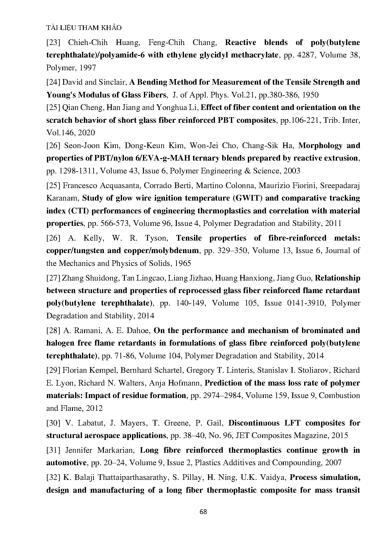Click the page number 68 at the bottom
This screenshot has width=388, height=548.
[203, 512]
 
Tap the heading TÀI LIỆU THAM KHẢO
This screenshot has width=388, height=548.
[84, 28]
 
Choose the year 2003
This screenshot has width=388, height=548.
[292, 171]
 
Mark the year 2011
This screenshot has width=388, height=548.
[333, 223]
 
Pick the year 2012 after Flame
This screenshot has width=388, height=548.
[94, 408]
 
